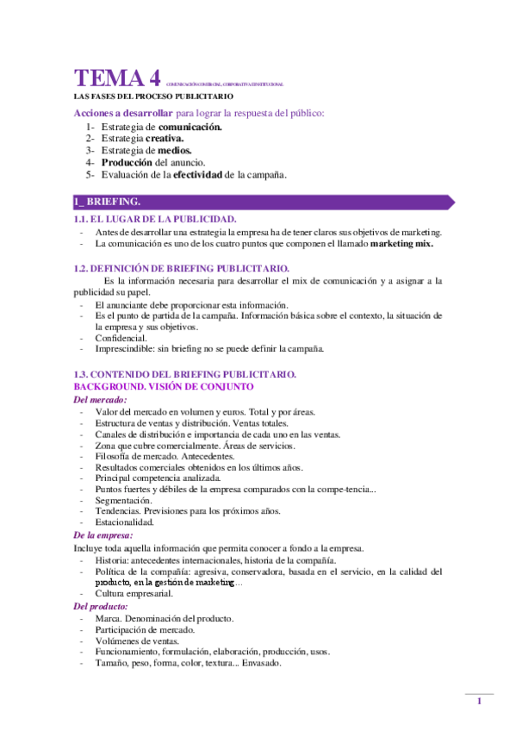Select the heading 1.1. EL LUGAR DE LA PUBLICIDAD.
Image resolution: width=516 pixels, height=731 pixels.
156,221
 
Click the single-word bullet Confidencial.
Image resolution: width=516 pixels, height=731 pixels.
121,338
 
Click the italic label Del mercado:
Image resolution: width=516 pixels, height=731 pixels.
101,400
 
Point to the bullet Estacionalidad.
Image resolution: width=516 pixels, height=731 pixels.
125,522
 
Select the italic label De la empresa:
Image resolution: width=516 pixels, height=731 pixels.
103,535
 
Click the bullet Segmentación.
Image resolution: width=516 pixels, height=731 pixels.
124,500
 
